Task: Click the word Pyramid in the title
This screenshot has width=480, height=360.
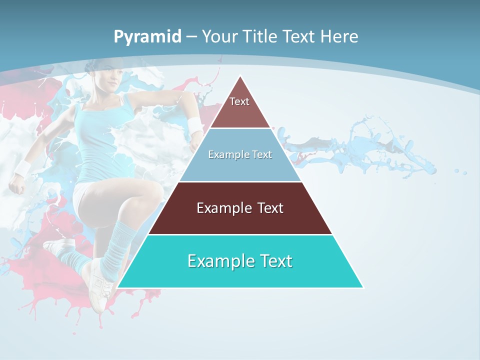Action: click(x=147, y=37)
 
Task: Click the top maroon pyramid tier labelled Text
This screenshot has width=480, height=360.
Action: click(x=240, y=107)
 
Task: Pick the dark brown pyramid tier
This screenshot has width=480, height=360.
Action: click(x=240, y=208)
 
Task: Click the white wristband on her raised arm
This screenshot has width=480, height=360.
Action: click(x=195, y=125)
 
